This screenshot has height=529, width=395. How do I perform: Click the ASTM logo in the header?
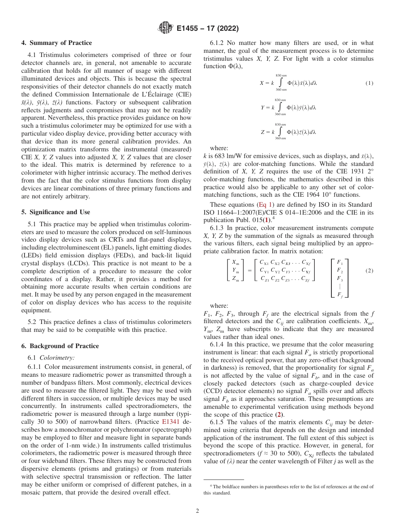click(166, 29)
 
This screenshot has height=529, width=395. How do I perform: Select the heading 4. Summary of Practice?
click(57, 43)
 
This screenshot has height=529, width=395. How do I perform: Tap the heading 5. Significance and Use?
click(55, 212)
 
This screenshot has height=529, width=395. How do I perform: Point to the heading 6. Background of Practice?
click(60, 346)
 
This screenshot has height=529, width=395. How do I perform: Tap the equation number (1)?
click(369, 83)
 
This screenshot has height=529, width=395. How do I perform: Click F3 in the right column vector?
click(339, 278)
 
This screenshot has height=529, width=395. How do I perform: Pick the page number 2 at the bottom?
click(197, 511)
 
